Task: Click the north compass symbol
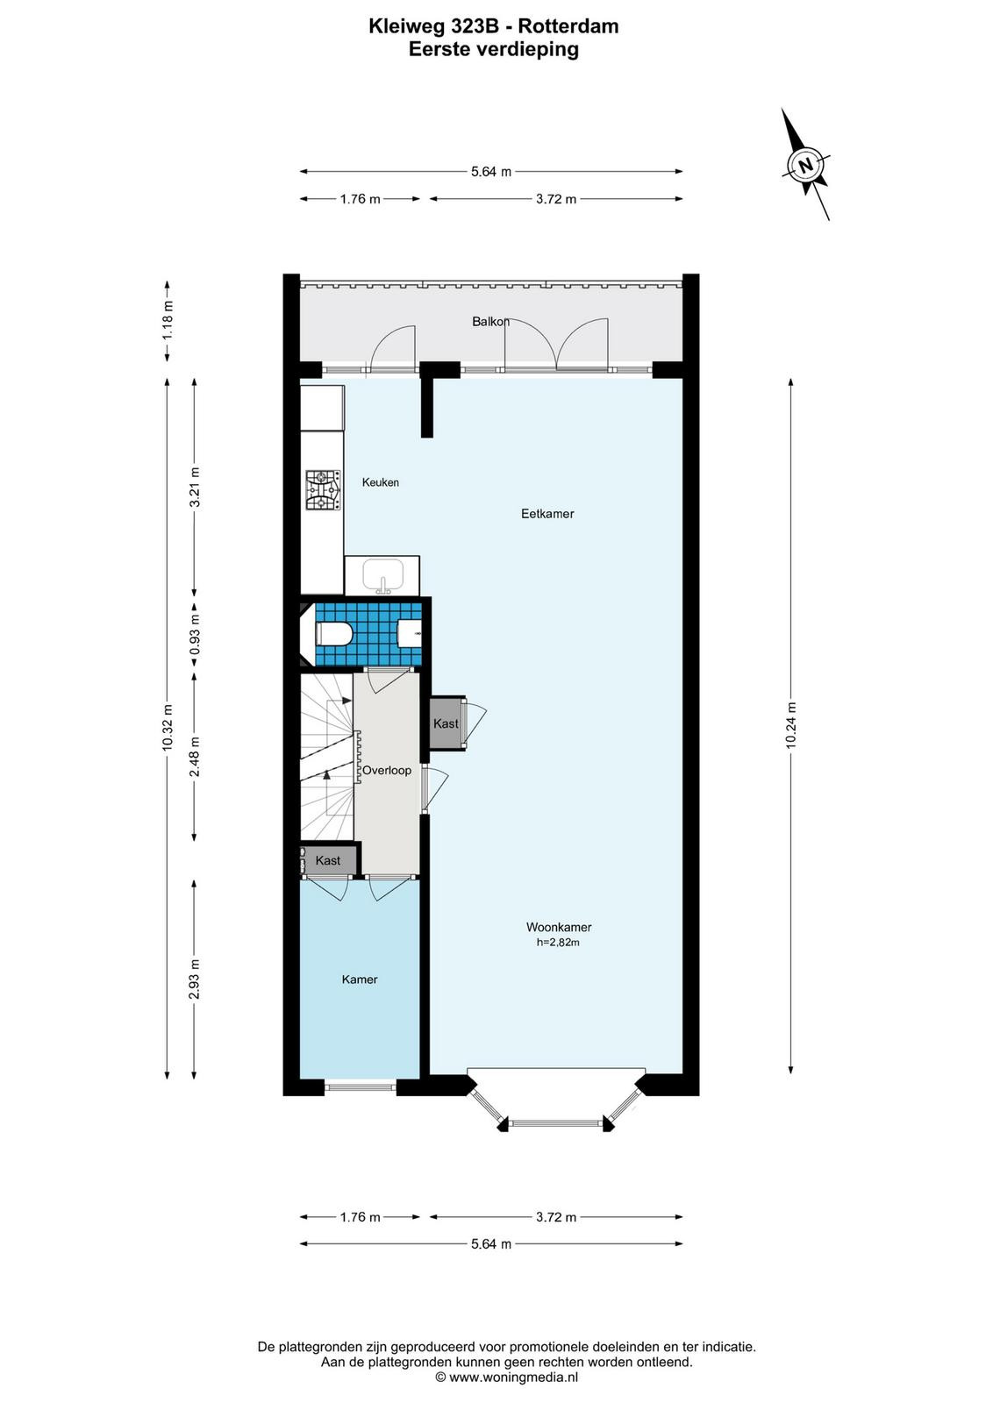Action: (807, 166)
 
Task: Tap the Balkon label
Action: (490, 321)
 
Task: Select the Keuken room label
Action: (381, 482)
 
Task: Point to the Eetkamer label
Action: (547, 514)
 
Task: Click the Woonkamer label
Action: (559, 927)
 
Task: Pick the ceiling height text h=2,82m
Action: (558, 942)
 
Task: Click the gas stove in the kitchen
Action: (324, 490)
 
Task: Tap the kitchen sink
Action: (382, 576)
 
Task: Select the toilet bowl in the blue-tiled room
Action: (334, 634)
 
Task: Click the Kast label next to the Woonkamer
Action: (446, 723)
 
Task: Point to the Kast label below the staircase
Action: (328, 860)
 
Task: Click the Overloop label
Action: (387, 771)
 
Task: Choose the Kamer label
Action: (360, 979)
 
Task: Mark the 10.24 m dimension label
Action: (790, 725)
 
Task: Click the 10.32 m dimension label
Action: (167, 727)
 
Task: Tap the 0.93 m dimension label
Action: (195, 634)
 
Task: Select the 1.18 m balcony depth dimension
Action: (168, 321)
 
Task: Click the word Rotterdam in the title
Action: (568, 26)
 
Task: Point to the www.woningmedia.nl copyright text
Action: (507, 1378)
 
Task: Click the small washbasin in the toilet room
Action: (411, 634)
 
